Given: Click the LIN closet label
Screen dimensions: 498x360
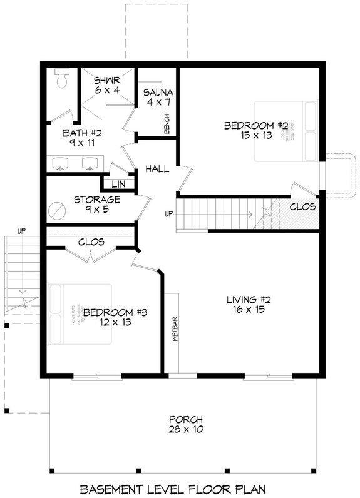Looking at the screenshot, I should tap(116, 185).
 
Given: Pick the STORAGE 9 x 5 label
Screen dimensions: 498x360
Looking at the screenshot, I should tap(96, 205).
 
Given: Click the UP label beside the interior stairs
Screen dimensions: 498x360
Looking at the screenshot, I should tap(168, 215).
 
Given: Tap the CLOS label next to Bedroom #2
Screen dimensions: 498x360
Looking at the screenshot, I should tap(302, 206).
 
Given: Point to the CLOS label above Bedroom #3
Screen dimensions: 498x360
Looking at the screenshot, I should tap(91, 242).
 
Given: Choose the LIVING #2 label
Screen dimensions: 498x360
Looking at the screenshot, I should tap(252, 307).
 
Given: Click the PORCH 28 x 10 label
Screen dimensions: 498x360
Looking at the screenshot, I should tap(185, 424).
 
